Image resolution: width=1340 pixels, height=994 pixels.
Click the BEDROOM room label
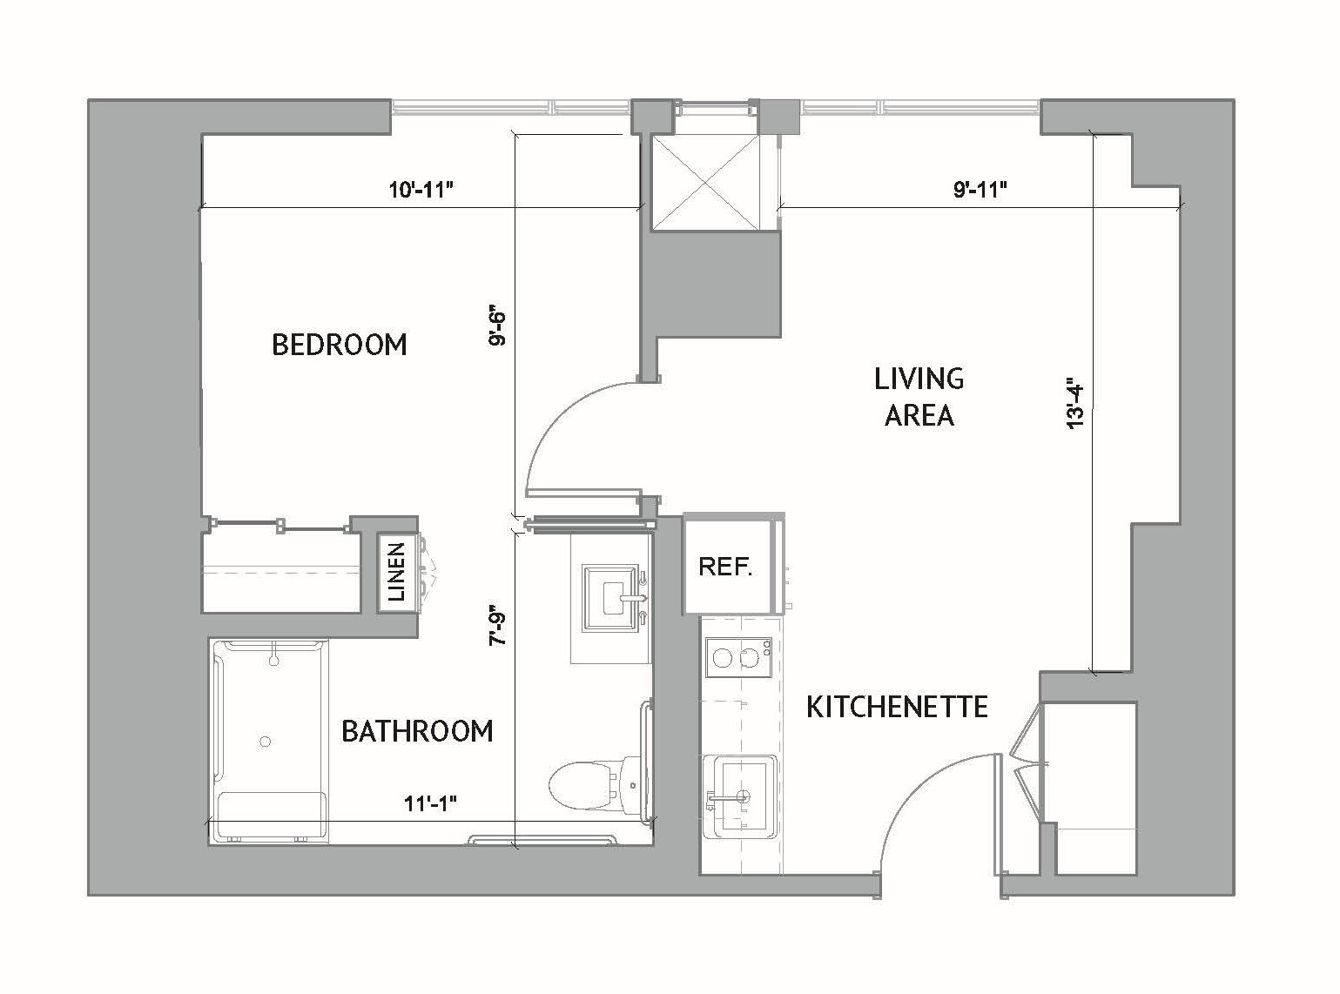click(339, 345)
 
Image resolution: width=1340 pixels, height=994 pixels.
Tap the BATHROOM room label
click(417, 730)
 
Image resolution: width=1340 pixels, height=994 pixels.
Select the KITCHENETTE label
click(897, 706)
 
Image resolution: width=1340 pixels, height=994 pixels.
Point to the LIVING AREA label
click(919, 397)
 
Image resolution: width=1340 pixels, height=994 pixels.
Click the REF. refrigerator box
click(725, 567)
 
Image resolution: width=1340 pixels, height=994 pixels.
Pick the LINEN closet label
click(396, 572)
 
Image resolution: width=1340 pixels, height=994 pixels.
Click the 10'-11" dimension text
click(423, 191)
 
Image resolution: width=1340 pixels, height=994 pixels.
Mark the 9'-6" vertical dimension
click(497, 326)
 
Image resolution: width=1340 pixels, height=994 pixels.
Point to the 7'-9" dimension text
click(497, 624)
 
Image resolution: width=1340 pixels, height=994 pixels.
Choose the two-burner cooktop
click(737, 658)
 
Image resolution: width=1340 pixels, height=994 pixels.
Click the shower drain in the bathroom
click(266, 741)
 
